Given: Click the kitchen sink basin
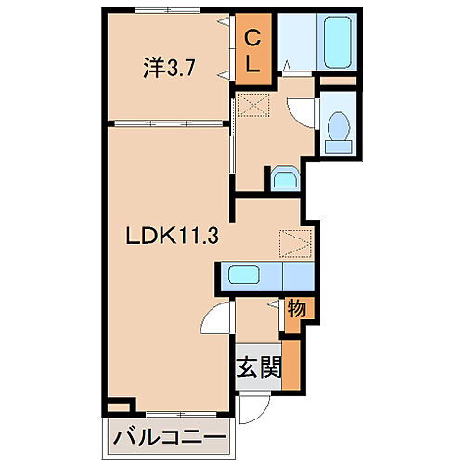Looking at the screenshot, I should (244, 275).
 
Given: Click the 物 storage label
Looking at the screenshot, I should (297, 307).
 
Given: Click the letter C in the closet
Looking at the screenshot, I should (251, 36).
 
